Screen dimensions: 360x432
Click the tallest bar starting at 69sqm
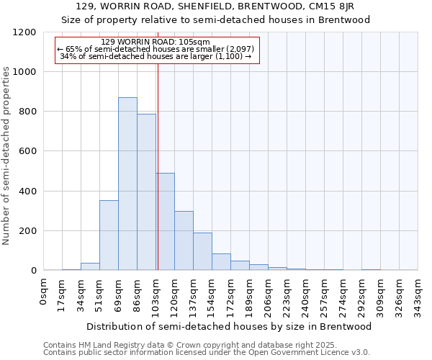click(127, 184)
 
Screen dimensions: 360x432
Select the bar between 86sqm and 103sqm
click(146, 192)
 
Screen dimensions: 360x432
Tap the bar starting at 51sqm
click(109, 235)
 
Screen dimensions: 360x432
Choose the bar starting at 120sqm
click(184, 240)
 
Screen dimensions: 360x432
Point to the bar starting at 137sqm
click(202, 251)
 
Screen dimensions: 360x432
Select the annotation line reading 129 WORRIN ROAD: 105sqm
click(156, 42)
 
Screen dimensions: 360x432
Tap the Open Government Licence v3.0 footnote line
click(207, 352)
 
